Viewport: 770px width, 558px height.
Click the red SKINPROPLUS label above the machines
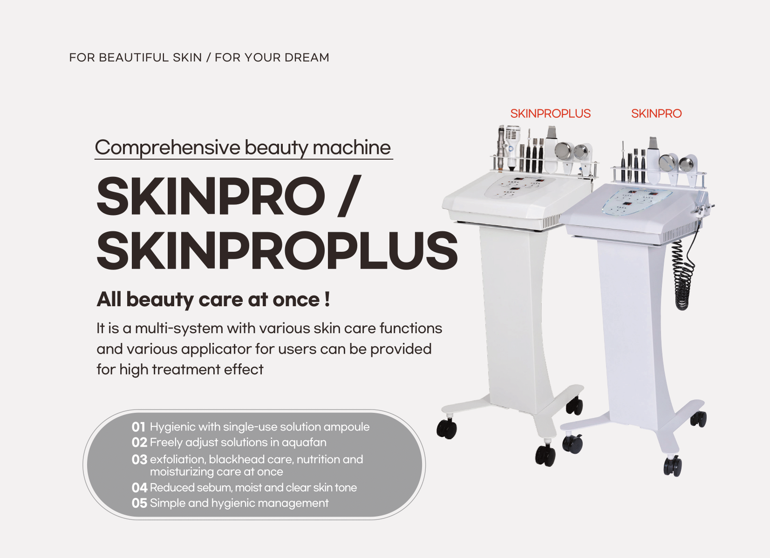pyautogui.click(x=550, y=114)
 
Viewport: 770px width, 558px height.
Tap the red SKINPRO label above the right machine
pyautogui.click(x=656, y=114)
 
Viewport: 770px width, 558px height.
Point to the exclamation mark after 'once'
pyautogui.click(x=327, y=299)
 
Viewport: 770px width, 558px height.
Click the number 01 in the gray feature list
pyautogui.click(x=138, y=427)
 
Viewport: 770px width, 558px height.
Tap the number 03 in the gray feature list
pyautogui.click(x=139, y=460)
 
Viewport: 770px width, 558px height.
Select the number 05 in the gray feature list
pyautogui.click(x=139, y=504)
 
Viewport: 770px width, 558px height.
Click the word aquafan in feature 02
pyautogui.click(x=304, y=443)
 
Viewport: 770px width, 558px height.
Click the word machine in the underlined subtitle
pyautogui.click(x=352, y=148)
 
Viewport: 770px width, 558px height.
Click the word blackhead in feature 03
pyautogui.click(x=237, y=460)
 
